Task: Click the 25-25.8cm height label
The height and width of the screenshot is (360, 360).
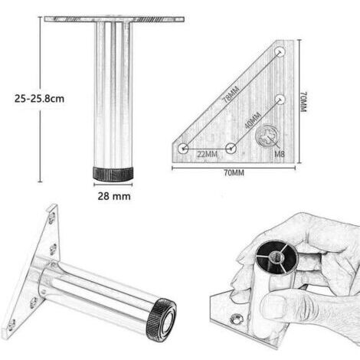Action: tap(39, 99)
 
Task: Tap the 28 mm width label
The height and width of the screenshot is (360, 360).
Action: tap(114, 196)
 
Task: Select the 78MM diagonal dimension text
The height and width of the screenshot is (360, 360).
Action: tap(231, 94)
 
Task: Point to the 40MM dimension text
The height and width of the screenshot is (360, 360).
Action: tap(253, 120)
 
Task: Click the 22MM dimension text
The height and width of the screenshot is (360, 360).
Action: tap(207, 154)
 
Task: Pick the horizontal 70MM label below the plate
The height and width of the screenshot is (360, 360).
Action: tap(234, 173)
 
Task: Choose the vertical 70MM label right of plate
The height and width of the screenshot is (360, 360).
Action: tap(303, 102)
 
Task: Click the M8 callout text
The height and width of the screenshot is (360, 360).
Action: tap(280, 154)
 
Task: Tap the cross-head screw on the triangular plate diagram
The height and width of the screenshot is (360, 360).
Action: tap(267, 136)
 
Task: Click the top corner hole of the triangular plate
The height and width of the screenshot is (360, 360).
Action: tap(280, 52)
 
